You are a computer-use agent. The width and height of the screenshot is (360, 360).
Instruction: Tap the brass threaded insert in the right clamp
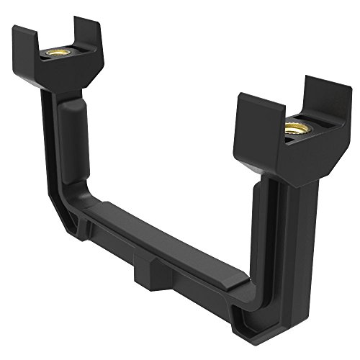tap(293, 130)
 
